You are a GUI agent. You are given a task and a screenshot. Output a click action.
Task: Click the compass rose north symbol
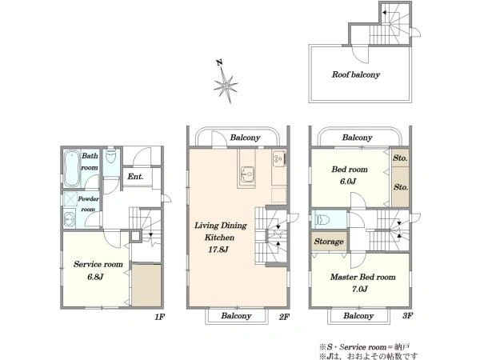point(226,83)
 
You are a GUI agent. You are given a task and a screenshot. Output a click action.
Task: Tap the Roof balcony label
point(356,74)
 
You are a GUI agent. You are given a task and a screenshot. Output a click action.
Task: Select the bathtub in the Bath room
point(72,168)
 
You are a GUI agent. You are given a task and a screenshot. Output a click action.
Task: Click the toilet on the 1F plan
point(110,157)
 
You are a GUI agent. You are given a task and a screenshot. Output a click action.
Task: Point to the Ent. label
point(135,176)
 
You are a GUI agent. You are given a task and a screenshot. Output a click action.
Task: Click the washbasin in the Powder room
point(69,219)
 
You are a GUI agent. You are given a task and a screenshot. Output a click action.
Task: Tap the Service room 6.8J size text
point(95,277)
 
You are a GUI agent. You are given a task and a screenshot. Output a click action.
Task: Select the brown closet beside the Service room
point(146,286)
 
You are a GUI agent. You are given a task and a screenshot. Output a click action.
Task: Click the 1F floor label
point(160,317)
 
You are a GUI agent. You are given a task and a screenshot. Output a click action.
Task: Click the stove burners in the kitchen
point(279,159)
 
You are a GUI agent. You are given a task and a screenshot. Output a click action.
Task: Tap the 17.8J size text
point(218,250)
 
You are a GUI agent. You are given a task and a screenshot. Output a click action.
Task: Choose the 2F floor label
point(284,317)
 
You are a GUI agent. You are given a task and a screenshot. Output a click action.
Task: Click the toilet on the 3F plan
point(321,219)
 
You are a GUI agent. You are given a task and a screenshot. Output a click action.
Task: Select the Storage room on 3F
point(329,242)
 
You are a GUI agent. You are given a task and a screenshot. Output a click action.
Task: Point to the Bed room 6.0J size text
point(348,182)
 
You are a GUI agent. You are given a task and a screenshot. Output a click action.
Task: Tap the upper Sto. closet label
point(401,158)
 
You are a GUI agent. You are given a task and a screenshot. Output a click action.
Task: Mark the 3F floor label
point(408,316)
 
